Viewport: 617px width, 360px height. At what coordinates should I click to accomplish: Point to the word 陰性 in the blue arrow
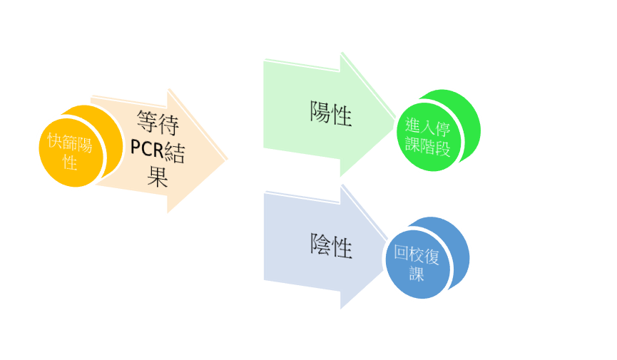coord(331,247)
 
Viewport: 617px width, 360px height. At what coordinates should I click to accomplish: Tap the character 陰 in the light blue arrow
coord(320,247)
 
